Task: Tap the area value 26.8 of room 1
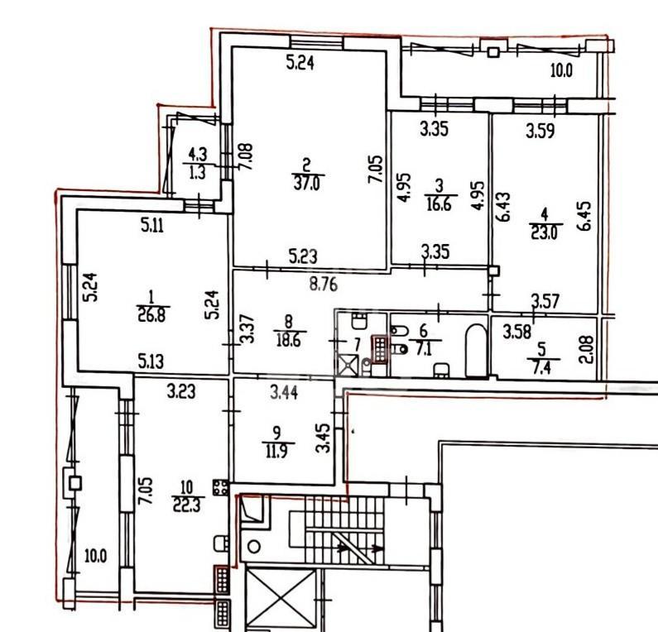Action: pyautogui.click(x=152, y=314)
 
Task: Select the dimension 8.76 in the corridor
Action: pyautogui.click(x=323, y=285)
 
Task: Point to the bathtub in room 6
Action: pyautogui.click(x=476, y=350)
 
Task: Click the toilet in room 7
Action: pyautogui.click(x=358, y=320)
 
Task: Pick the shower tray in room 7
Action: pyautogui.click(x=348, y=366)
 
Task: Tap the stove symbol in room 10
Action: pyautogui.click(x=221, y=487)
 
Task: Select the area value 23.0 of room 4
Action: pyautogui.click(x=545, y=232)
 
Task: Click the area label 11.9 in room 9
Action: pyautogui.click(x=276, y=452)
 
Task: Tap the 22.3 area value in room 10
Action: pyautogui.click(x=187, y=505)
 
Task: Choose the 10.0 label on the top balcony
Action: pyautogui.click(x=561, y=70)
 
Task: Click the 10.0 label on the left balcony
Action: pyautogui.click(x=95, y=556)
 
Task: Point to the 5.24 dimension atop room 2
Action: pyautogui.click(x=300, y=63)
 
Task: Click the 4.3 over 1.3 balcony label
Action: pyautogui.click(x=197, y=163)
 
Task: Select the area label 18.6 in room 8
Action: pyautogui.click(x=289, y=339)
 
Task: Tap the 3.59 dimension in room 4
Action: pyautogui.click(x=540, y=131)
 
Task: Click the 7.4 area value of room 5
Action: pyautogui.click(x=542, y=368)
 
